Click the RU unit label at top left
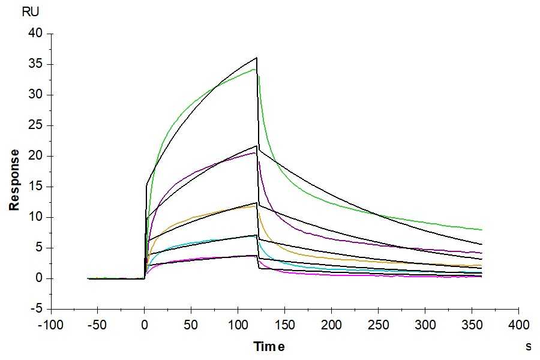point(29,12)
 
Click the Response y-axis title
point(14,180)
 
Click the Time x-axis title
point(269,346)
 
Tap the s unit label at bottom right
point(529,346)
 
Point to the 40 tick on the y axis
point(36,34)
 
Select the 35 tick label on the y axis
point(36,64)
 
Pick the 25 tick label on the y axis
point(36,126)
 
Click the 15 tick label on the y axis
point(36,187)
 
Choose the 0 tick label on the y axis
point(40,278)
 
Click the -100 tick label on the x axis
point(50,325)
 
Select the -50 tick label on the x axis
point(97,325)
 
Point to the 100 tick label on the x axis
point(238,325)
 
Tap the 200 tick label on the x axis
point(331,325)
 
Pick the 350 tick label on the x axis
point(472,325)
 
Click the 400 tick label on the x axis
point(518,325)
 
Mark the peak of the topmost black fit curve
point(257,58)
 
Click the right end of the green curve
point(482,230)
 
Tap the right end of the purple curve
point(482,253)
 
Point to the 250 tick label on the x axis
point(378,325)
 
